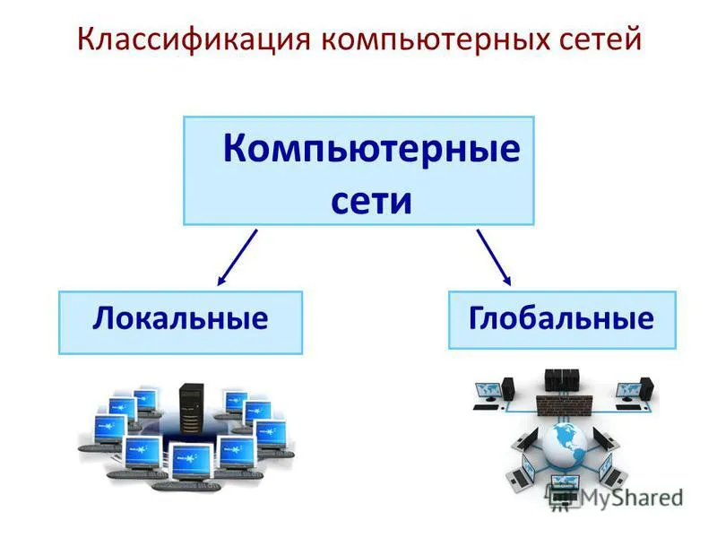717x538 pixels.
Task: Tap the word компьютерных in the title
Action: pos(436,39)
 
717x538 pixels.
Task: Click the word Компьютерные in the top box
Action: pos(372,149)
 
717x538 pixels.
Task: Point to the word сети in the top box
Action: pos(371,201)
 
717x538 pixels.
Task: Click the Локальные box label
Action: pos(180,319)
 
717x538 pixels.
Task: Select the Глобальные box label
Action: pos(562,318)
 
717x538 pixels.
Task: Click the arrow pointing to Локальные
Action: pos(238,257)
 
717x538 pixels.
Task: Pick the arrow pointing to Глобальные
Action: pos(494,257)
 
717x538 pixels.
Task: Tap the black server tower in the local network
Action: pos(192,409)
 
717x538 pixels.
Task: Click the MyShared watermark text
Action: pos(631,498)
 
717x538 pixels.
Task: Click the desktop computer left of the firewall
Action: pos(494,394)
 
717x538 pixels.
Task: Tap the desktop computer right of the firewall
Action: pos(635,394)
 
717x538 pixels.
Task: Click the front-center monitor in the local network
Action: pos(190,462)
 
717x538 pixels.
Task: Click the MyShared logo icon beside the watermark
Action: pos(563,498)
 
